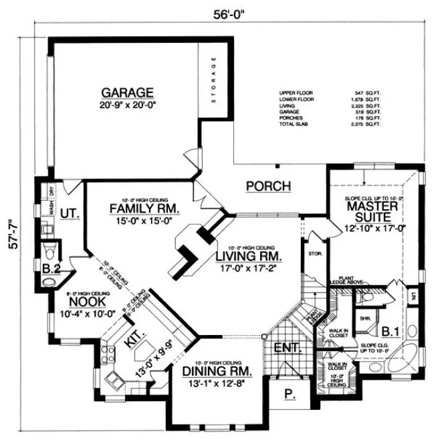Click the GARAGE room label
127,92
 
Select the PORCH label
268,186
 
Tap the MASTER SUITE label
372,213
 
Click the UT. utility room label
70,213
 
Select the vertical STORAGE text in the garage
214,80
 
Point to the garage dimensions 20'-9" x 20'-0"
127,106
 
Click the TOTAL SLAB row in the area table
330,124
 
